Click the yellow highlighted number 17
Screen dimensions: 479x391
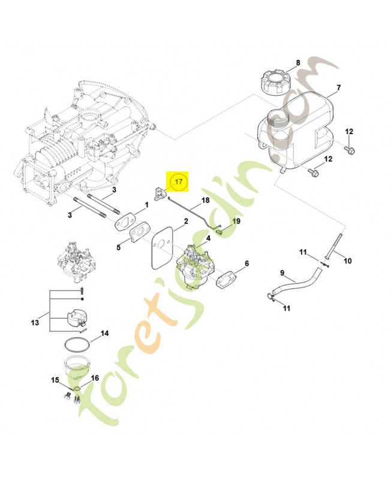[x=178, y=180]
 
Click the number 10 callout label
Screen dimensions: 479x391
[x=348, y=261]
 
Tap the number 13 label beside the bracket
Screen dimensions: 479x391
[x=35, y=323]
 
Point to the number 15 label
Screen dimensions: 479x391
[x=55, y=380]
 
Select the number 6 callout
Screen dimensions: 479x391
[x=246, y=263]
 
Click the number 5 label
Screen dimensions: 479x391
[x=119, y=246]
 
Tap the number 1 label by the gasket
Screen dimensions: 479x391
[x=145, y=205]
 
